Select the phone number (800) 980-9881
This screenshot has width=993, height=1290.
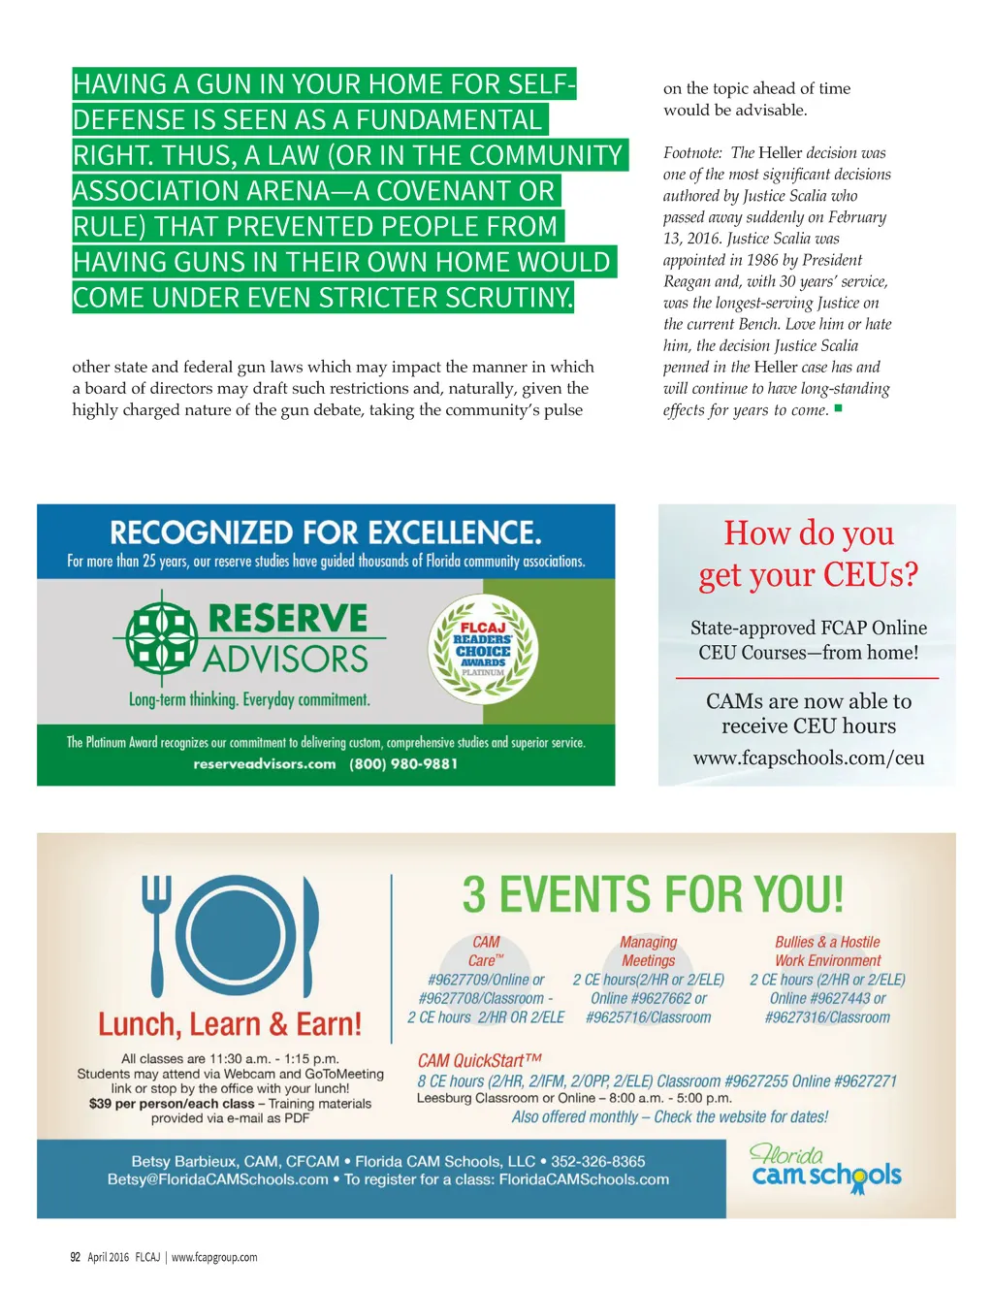(403, 764)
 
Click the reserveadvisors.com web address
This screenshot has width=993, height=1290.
(264, 764)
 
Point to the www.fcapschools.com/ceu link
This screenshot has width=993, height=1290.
(808, 758)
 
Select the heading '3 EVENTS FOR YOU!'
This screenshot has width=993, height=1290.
(652, 894)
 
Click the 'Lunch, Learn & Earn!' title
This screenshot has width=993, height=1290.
(230, 1024)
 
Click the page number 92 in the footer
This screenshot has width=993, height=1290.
(76, 1257)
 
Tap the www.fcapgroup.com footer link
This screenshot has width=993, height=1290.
(214, 1257)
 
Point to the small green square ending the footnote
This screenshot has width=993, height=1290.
(838, 408)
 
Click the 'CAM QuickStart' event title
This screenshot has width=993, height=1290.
(479, 1060)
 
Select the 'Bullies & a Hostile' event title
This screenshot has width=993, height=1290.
(827, 942)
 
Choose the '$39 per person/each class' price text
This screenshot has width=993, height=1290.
(172, 1104)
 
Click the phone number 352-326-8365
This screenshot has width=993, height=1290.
(597, 1161)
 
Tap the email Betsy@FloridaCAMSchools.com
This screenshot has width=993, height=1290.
(218, 1179)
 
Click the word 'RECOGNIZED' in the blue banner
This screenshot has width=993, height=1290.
(201, 532)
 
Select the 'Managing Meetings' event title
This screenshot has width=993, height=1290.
(649, 951)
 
